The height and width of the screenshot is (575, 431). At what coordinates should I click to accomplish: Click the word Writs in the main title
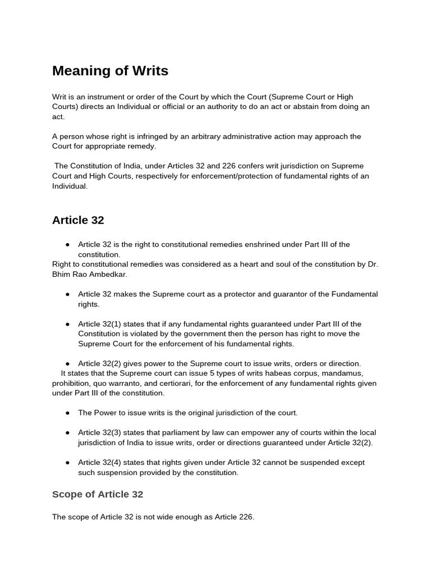pos(148,71)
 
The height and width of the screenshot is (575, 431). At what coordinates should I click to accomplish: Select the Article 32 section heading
pos(78,220)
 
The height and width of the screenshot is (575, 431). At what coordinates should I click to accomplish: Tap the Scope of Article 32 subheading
pos(98,494)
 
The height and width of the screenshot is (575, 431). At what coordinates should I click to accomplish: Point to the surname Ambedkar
pos(107,274)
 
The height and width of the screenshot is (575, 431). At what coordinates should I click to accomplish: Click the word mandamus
pos(343,373)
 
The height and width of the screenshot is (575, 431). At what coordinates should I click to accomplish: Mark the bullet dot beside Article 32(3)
pos(67,433)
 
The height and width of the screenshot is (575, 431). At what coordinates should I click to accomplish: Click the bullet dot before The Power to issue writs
pos(67,413)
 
